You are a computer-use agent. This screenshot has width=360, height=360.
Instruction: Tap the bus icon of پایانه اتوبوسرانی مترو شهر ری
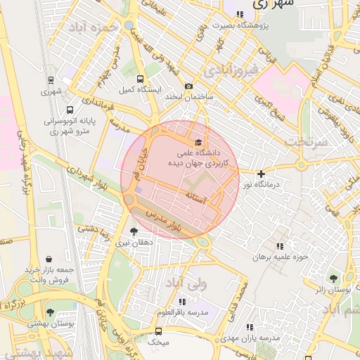(x=70, y=110)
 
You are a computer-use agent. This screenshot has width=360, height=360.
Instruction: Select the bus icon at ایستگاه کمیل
(x=140, y=79)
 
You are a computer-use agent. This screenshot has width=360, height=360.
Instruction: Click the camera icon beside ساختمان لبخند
(x=188, y=86)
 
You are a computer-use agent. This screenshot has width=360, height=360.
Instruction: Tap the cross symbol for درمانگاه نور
(x=261, y=174)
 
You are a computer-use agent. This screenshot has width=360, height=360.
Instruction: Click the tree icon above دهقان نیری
(x=134, y=231)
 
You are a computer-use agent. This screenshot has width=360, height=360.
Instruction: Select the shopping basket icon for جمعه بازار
(x=49, y=259)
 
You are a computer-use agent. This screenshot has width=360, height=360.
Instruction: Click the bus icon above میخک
(x=158, y=331)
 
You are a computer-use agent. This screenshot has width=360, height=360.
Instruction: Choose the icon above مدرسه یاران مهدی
(x=250, y=327)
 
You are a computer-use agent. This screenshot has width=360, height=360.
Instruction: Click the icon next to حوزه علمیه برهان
(x=281, y=246)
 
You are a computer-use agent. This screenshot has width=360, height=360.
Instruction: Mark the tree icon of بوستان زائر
(x=333, y=278)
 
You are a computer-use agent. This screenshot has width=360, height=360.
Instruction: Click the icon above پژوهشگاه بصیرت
(x=240, y=14)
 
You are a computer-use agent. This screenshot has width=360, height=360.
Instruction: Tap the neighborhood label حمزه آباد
(x=91, y=27)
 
